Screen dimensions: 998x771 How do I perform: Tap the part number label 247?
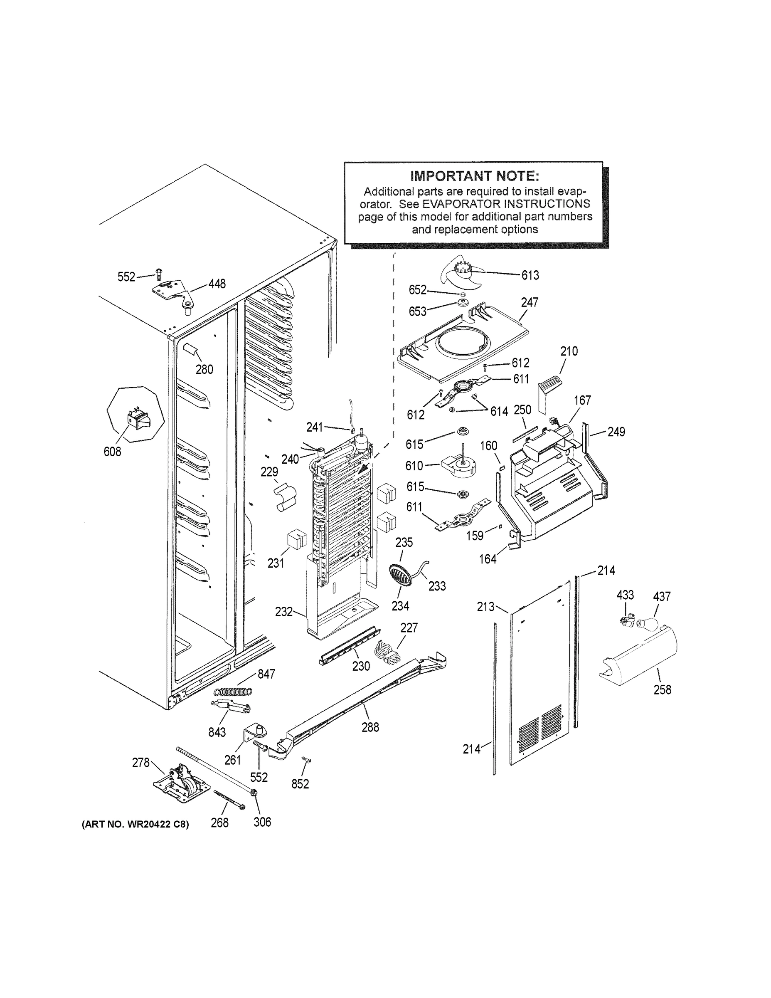pos(530,302)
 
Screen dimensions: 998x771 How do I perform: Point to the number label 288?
pos(370,727)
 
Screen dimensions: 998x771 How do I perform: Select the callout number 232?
pos(283,611)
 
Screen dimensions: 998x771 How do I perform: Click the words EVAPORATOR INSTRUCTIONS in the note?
pos(506,204)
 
